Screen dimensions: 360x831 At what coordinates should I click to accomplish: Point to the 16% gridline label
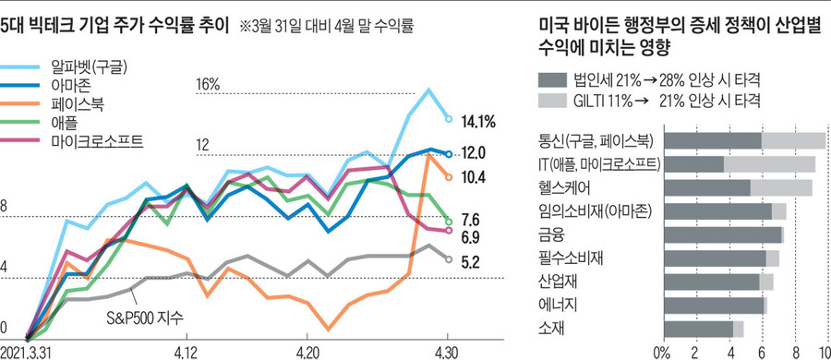210,84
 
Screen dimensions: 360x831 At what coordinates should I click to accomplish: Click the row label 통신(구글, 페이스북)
596,140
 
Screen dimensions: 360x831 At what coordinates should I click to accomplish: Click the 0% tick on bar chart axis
661,352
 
